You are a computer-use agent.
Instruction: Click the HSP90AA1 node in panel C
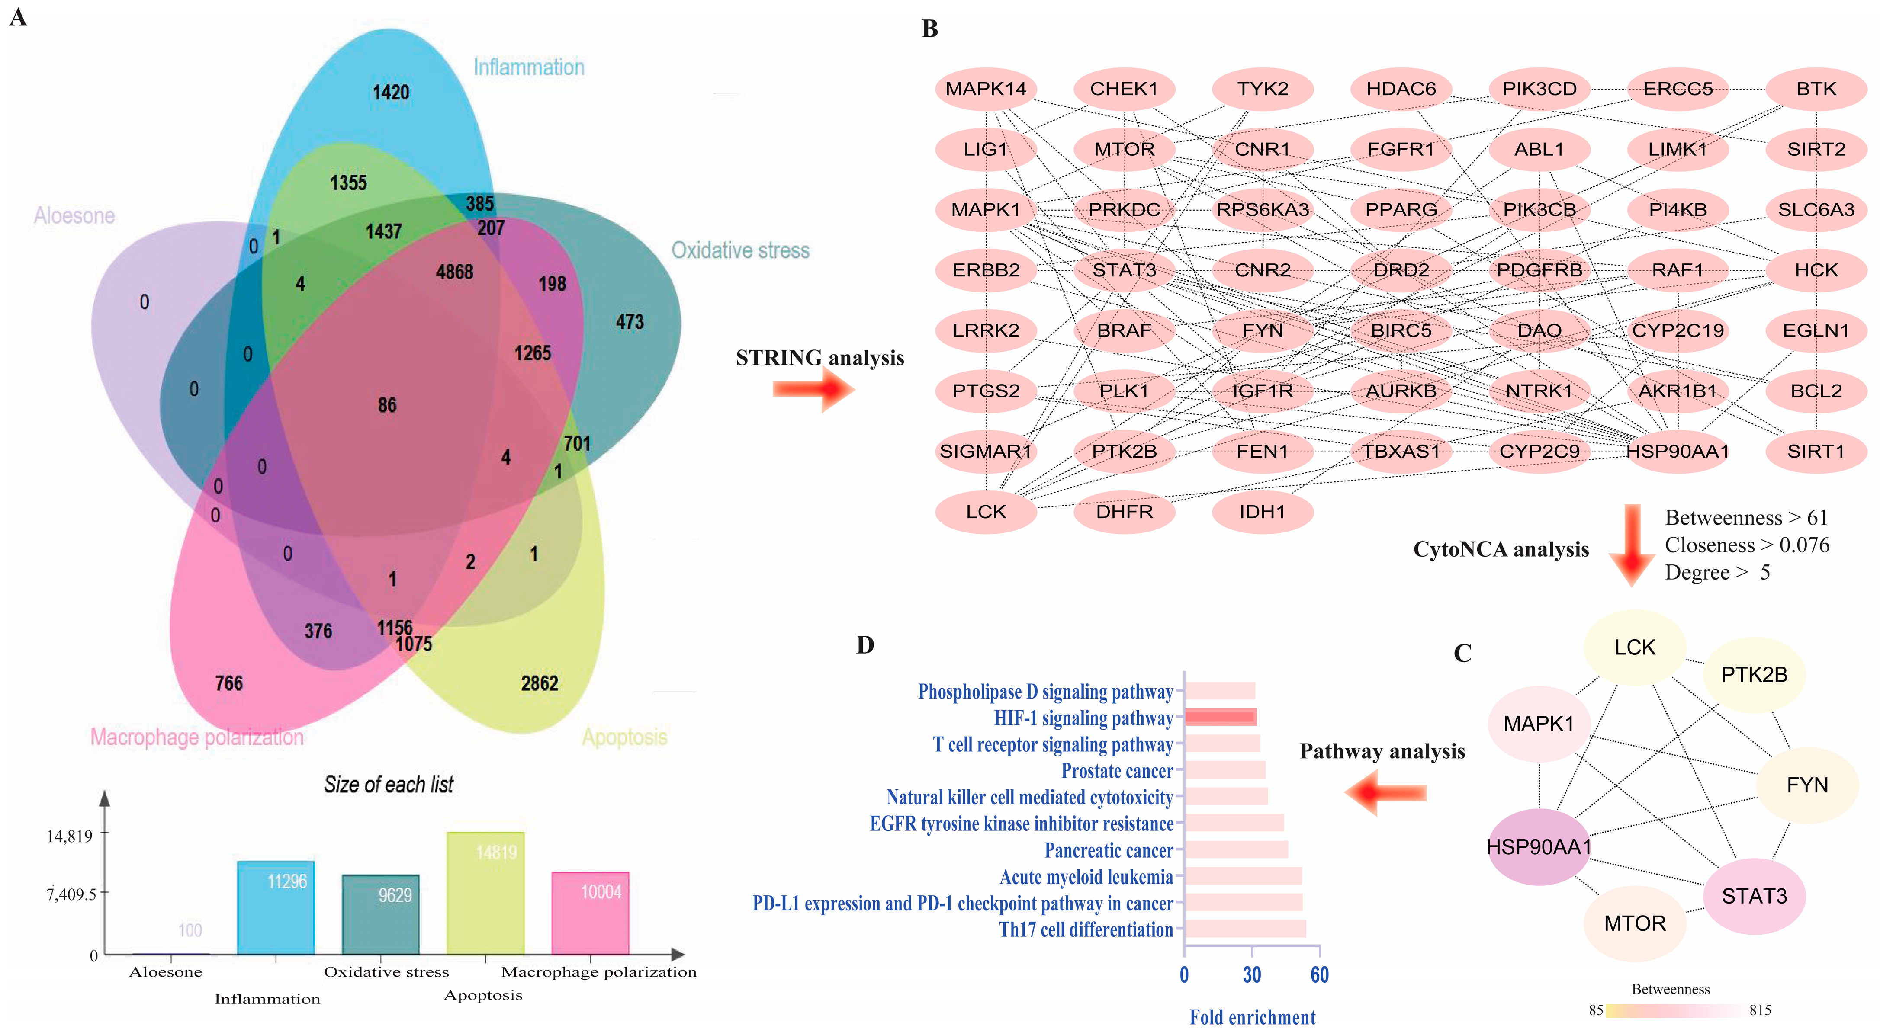coord(1539,847)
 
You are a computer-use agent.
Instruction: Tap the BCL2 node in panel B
coord(1816,391)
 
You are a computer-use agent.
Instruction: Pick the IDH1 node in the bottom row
coord(1262,512)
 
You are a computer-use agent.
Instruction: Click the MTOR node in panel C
coord(1635,923)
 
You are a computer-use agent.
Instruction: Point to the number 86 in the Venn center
coord(387,406)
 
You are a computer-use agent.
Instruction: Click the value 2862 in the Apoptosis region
coord(539,683)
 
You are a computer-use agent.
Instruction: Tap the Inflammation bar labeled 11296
coord(276,908)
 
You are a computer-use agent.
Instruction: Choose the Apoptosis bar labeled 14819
coord(485,894)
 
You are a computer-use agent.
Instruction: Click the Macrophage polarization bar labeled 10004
coord(591,913)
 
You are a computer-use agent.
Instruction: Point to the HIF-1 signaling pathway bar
coord(1220,718)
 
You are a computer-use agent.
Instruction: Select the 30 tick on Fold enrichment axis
coord(1252,975)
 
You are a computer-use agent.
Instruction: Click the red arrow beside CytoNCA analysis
coord(1632,545)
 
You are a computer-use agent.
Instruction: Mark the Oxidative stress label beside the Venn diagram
coord(740,251)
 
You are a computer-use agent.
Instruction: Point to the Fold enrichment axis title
coord(1252,1017)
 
